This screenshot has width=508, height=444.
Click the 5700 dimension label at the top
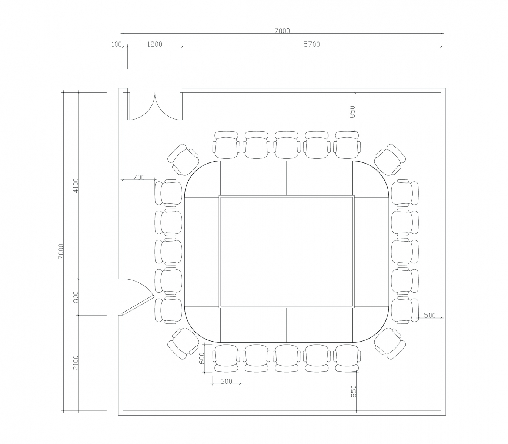pyautogui.click(x=311, y=44)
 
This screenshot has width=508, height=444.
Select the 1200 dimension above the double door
pyautogui.click(x=154, y=44)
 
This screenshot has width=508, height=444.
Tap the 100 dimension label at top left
pyautogui.click(x=116, y=44)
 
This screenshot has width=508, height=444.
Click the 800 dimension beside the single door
pyautogui.click(x=76, y=297)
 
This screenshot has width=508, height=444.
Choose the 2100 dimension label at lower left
pyautogui.click(x=76, y=363)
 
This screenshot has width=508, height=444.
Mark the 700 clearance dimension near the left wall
pyautogui.click(x=138, y=177)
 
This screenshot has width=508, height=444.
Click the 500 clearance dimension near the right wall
pyautogui.click(x=430, y=315)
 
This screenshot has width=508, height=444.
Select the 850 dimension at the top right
pyautogui.click(x=352, y=111)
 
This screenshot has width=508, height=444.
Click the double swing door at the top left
pyautogui.click(x=154, y=107)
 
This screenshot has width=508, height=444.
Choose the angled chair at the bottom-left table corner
pyautogui.click(x=183, y=344)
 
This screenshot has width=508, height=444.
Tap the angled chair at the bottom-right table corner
pyautogui.click(x=388, y=344)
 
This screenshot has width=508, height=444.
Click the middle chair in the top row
pyautogui.click(x=287, y=145)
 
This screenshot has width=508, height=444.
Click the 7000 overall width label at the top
pyautogui.click(x=282, y=31)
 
